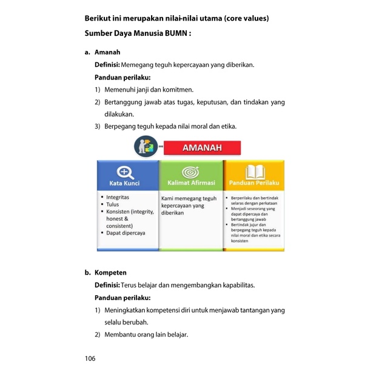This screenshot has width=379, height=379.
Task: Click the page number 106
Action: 90,358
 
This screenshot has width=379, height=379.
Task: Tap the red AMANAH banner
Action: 203,147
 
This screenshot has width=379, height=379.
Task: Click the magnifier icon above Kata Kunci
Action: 126,172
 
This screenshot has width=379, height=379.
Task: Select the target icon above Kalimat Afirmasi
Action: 191,172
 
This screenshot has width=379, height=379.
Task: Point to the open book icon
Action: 254,172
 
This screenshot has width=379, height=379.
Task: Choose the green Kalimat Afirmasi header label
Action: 191,184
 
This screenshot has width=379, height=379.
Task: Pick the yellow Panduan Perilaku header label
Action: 254,184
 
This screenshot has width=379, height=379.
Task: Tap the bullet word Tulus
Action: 113,204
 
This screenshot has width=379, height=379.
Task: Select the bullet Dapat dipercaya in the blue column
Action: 130,233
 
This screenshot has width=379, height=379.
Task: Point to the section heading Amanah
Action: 107,53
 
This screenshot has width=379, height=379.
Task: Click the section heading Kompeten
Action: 111,273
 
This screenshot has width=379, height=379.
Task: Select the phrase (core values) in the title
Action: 246,18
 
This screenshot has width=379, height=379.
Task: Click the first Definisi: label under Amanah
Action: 107,64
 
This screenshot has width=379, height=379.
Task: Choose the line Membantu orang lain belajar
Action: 146,334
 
